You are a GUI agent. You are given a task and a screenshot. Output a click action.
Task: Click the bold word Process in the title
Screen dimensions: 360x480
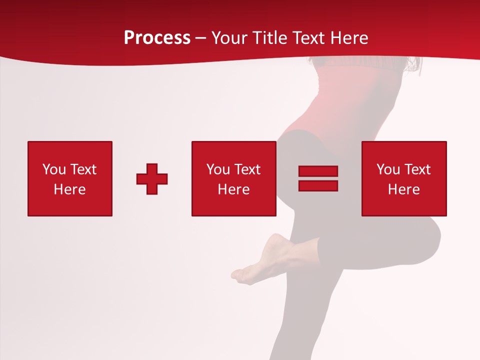(x=157, y=38)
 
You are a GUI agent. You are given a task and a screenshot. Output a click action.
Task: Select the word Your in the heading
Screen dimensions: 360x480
(x=229, y=38)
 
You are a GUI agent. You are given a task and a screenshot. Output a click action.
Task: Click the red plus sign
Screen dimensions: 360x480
(x=152, y=178)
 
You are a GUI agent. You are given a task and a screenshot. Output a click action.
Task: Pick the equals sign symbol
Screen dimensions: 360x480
(x=318, y=178)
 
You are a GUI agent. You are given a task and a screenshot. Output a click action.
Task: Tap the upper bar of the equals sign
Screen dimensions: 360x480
(x=318, y=171)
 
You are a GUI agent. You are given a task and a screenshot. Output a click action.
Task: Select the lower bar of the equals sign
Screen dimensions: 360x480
(x=318, y=185)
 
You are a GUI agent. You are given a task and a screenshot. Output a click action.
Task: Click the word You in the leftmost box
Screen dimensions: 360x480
(x=54, y=169)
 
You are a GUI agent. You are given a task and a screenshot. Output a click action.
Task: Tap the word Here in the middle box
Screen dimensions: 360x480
(x=234, y=189)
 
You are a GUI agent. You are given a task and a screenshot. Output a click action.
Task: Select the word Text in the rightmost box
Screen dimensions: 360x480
(x=417, y=169)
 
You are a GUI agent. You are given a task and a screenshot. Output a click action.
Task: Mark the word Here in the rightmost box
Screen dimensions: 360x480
(x=404, y=189)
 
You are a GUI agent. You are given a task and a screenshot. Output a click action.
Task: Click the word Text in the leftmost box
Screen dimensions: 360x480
(x=83, y=169)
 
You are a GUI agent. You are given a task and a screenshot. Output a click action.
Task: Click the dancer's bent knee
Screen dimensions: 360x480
(x=430, y=235)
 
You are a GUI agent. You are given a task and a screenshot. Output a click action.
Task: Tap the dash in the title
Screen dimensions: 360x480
(x=200, y=38)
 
